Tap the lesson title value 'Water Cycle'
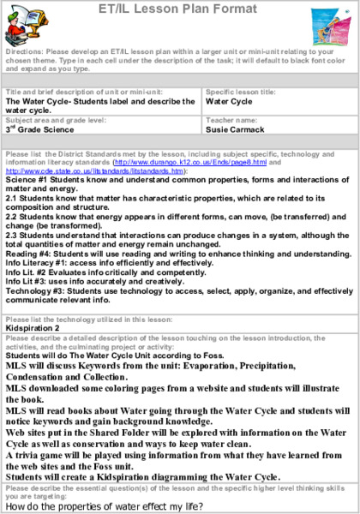pos(229,99)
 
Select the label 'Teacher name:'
pos(227,121)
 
